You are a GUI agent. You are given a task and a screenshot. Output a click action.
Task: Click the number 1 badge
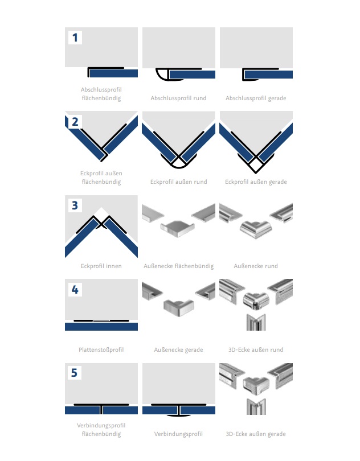pyautogui.click(x=75, y=38)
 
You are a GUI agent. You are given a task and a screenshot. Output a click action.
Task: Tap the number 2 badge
pyautogui.click(x=75, y=121)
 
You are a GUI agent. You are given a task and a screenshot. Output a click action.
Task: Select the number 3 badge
pyautogui.click(x=75, y=205)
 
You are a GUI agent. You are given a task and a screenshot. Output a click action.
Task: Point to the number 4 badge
pyautogui.click(x=75, y=289)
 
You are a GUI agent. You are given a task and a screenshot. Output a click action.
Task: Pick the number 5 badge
pyautogui.click(x=75, y=373)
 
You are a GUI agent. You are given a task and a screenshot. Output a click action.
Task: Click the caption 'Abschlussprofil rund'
pyautogui.click(x=178, y=98)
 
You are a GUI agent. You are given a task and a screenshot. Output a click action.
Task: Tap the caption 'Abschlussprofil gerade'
pyautogui.click(x=256, y=98)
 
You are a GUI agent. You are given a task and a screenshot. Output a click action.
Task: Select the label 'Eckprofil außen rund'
pyautogui.click(x=178, y=182)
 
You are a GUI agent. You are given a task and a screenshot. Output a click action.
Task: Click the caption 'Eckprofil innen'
pyautogui.click(x=101, y=266)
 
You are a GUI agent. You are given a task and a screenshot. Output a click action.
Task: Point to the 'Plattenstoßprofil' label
pyautogui.click(x=101, y=350)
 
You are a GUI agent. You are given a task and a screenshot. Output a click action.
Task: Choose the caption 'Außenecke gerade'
pyautogui.click(x=178, y=350)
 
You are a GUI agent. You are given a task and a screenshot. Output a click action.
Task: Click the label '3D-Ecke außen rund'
pyautogui.click(x=256, y=350)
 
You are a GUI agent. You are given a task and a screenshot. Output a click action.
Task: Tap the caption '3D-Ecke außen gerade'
pyautogui.click(x=256, y=434)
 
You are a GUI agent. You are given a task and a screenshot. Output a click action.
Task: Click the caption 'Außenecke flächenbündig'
pyautogui.click(x=178, y=266)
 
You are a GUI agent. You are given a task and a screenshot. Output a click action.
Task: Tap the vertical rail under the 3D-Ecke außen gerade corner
pyautogui.click(x=256, y=406)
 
